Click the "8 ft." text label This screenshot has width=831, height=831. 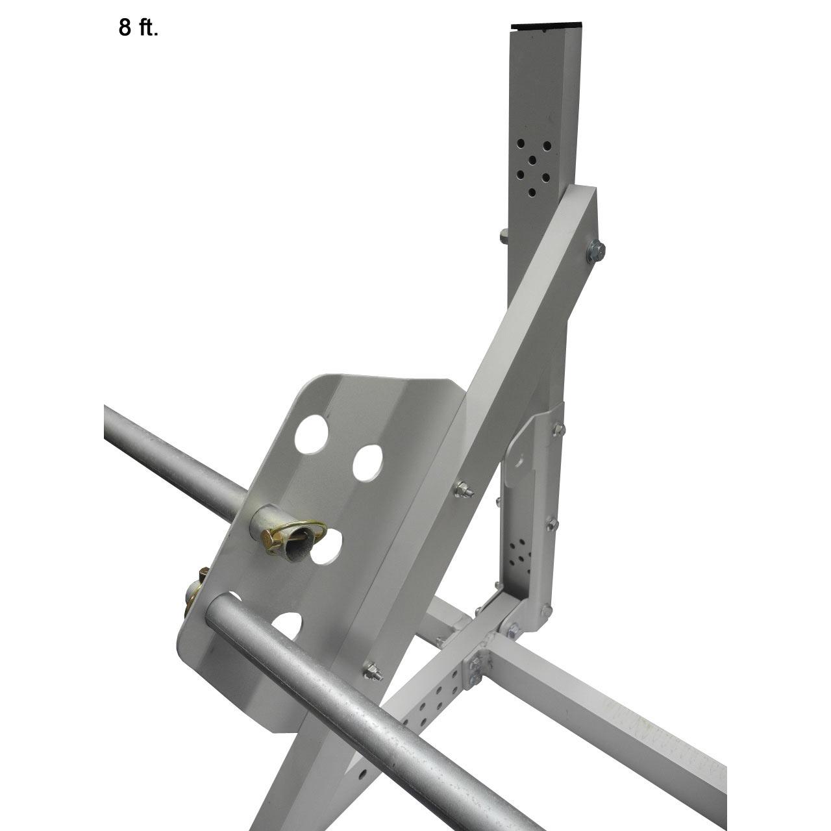tap(138, 29)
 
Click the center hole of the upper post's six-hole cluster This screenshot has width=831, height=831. tap(532, 160)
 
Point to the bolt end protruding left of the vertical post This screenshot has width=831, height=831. tap(504, 234)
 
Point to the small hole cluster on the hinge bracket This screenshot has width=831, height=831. tap(520, 554)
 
